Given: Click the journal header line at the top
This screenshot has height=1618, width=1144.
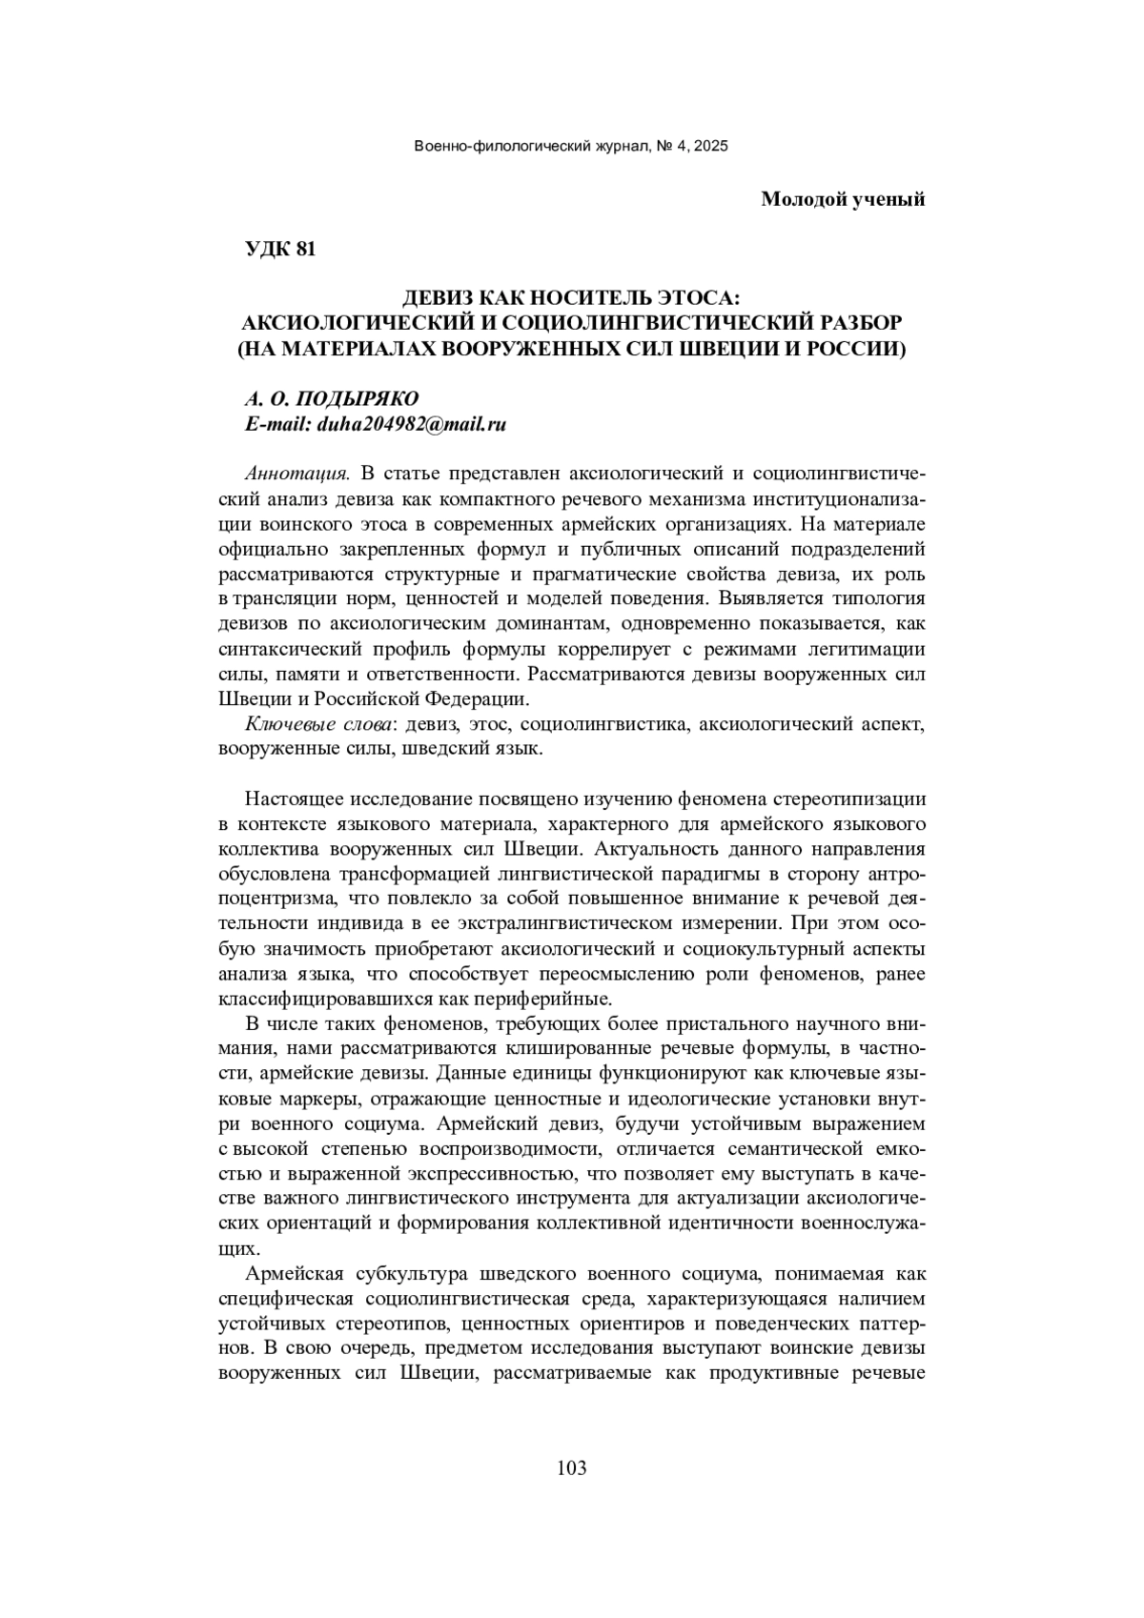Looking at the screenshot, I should tap(571, 146).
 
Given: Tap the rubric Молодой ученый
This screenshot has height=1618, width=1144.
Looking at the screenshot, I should tap(843, 199).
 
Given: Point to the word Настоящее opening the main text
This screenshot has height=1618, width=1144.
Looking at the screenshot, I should tap(295, 799).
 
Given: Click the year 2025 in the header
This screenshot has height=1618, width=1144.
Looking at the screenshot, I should tap(711, 146).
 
